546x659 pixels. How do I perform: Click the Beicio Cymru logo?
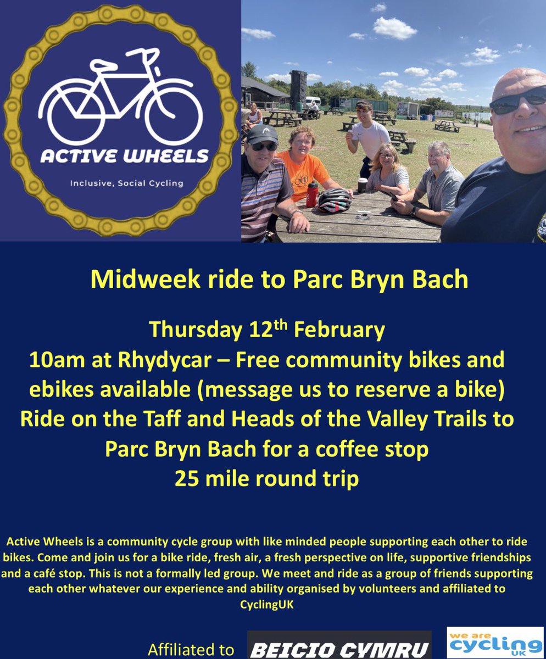pos(339,647)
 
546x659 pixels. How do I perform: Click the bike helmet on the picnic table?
pos(335,200)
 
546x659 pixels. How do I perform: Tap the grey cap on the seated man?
pos(262,134)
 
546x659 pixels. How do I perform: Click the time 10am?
pos(53,360)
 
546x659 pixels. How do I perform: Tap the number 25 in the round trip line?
pos(186,478)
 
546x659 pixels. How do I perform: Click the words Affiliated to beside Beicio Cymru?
pos(191,650)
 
